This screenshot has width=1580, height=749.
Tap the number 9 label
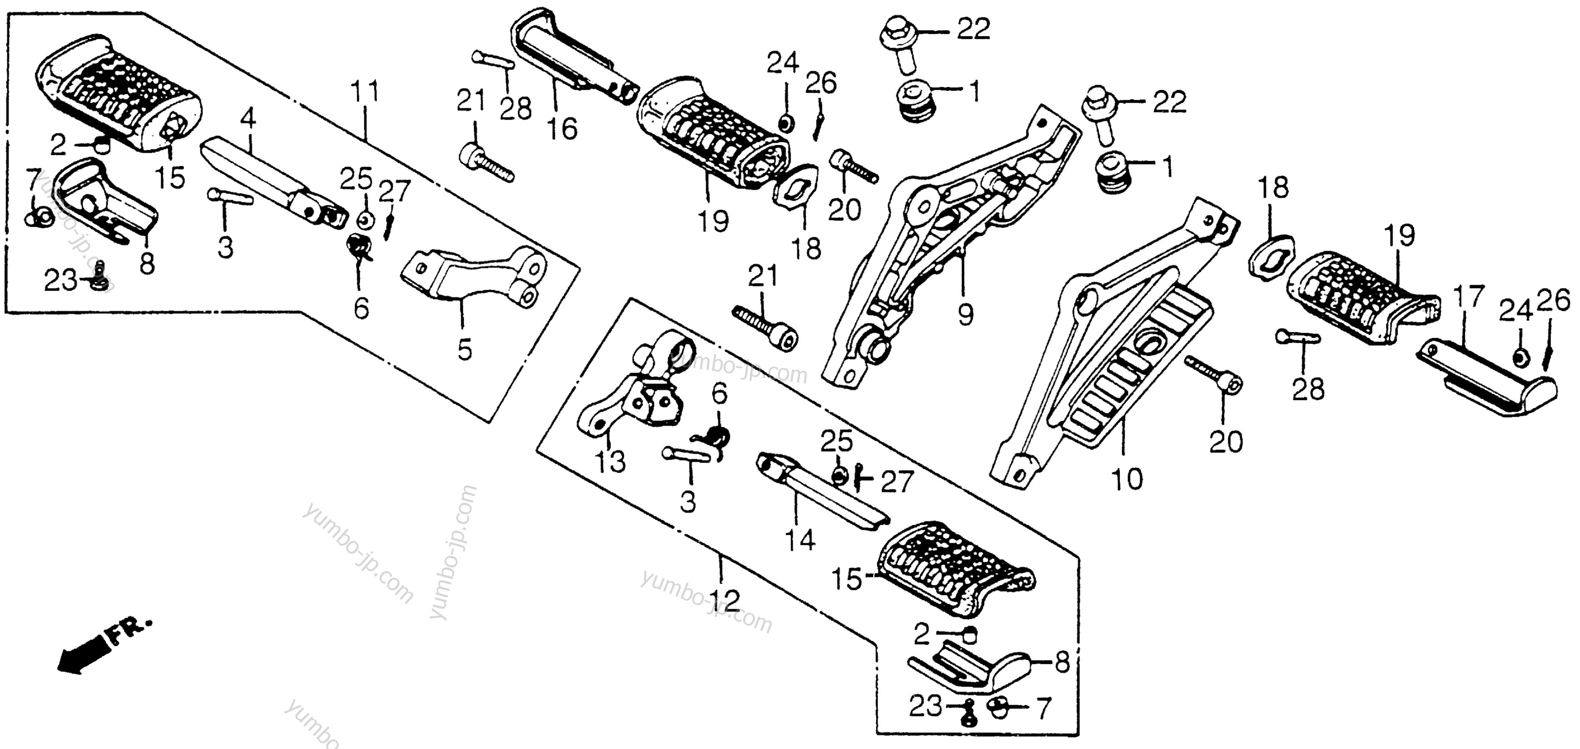click(965, 315)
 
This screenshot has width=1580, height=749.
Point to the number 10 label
click(1127, 478)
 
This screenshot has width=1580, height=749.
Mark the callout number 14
click(800, 540)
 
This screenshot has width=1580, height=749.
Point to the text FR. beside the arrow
click(130, 632)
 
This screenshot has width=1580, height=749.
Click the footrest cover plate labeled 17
click(1490, 387)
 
